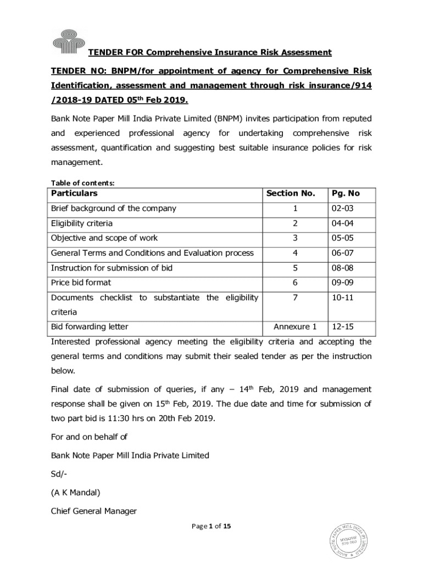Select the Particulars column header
tap(74, 193)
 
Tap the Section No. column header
tap(291, 193)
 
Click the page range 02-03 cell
tap(343, 208)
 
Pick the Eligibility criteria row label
tap(82, 223)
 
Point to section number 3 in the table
tap(294, 238)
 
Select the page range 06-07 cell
tap(343, 253)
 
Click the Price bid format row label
tap(81, 283)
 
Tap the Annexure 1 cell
tap(295, 327)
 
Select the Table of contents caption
tap(82, 183)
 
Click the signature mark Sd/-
tap(59, 474)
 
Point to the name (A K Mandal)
tap(75, 493)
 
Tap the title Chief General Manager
tap(93, 511)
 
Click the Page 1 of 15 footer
tap(211, 526)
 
